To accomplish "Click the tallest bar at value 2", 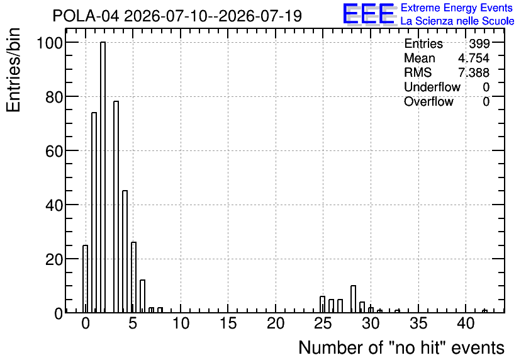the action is pos(103,177).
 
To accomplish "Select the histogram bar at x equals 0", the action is pos(85,279).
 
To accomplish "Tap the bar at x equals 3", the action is pos(116,206).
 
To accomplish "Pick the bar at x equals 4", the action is pos(125,252).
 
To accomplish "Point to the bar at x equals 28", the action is pos(353,299).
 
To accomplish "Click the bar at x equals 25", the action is pos(322,305).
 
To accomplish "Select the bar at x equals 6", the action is pos(143,296).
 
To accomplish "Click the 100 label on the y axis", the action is pos(50,43).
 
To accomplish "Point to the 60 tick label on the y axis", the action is pos(54,151).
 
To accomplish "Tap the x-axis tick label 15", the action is pos(228,323).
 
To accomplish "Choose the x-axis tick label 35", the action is pos(418,323).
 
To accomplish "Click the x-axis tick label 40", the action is pos(466,323).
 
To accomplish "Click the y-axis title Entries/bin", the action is pos(13,70).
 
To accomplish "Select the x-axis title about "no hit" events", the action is pos(401,347).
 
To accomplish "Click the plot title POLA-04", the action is pos(86,16).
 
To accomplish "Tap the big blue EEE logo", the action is pos(369,14).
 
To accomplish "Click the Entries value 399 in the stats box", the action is pos(479,43).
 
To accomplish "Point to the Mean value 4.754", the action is pos(474,58).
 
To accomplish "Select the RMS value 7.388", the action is pos(474,72).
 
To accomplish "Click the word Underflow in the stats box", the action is pos(432,87).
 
